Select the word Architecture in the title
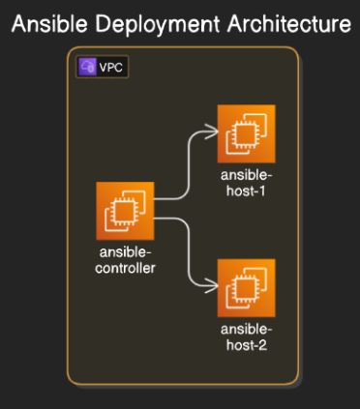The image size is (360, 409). pyautogui.click(x=282, y=23)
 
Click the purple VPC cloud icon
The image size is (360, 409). pyautogui.click(x=88, y=68)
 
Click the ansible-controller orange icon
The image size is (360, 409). pyautogui.click(x=126, y=210)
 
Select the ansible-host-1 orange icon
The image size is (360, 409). pyautogui.click(x=246, y=132)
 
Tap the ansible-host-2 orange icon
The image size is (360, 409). pyautogui.click(x=246, y=287)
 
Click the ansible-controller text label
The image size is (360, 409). pyautogui.click(x=126, y=259)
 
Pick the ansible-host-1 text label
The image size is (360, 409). pyautogui.click(x=246, y=182)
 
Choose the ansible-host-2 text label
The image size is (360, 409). pyautogui.click(x=246, y=336)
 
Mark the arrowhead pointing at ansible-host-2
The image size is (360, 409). pyautogui.click(x=212, y=287)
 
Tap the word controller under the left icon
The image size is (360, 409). pyautogui.click(x=126, y=267)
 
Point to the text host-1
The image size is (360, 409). pyautogui.click(x=246, y=190)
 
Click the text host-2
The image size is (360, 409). pyautogui.click(x=246, y=344)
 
